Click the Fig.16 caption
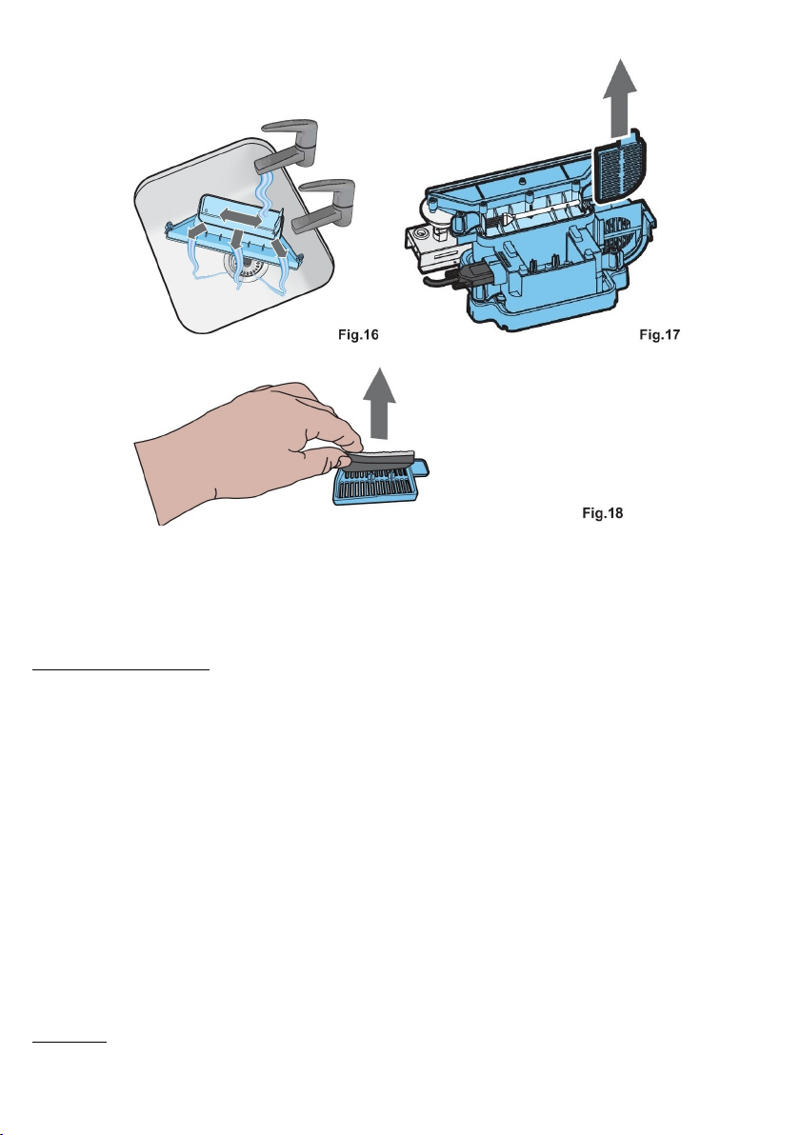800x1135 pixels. [x=358, y=334]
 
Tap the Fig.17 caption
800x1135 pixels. [x=660, y=334]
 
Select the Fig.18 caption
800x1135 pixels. [x=603, y=513]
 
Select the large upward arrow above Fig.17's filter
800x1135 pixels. [x=619, y=97]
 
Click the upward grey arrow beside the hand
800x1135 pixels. [x=378, y=403]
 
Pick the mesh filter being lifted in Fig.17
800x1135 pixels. [x=619, y=165]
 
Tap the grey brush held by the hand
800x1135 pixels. [x=380, y=461]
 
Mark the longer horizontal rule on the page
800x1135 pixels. [x=121, y=670]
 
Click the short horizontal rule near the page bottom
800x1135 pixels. [x=70, y=1042]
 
